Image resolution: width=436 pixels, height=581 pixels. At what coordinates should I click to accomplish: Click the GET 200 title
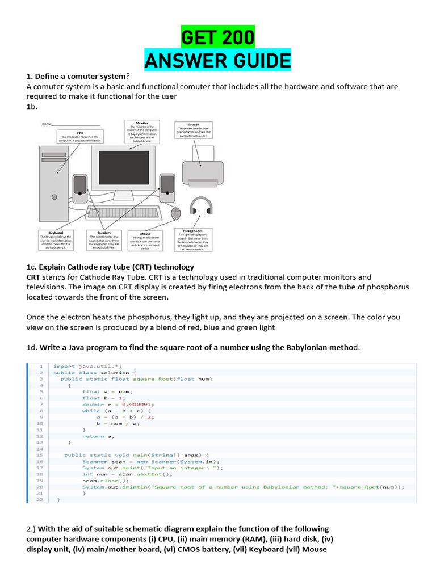pyautogui.click(x=217, y=37)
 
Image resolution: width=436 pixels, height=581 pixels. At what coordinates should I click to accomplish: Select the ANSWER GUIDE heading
pyautogui.click(x=217, y=60)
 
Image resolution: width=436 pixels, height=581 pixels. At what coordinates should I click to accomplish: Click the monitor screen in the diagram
pyautogui.click(x=131, y=169)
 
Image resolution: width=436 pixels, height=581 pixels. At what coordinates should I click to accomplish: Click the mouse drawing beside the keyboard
pyautogui.click(x=175, y=213)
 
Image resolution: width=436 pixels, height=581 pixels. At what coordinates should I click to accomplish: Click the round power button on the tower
pyautogui.click(x=54, y=197)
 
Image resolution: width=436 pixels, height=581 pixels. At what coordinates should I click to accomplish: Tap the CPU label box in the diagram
pyautogui.click(x=80, y=137)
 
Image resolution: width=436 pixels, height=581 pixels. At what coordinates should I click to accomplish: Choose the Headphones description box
pyautogui.click(x=193, y=240)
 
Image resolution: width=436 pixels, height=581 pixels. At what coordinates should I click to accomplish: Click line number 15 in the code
pyautogui.click(x=39, y=455)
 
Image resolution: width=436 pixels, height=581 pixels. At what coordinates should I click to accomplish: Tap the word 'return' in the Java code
pyautogui.click(x=93, y=436)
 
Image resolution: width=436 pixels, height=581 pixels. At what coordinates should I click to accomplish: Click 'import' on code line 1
pyautogui.click(x=64, y=366)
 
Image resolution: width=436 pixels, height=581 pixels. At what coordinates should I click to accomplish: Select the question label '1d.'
pyautogui.click(x=31, y=347)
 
